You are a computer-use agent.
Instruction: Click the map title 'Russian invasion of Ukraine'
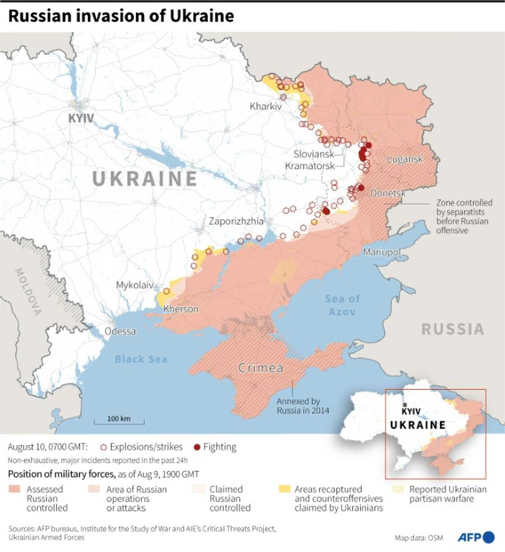[121, 16]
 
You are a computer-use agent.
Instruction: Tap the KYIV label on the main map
[81, 118]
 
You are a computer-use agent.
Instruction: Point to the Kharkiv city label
[266, 106]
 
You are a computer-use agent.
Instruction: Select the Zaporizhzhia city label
[236, 221]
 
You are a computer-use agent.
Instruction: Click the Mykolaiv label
[134, 285]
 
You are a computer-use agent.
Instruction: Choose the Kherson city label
[181, 309]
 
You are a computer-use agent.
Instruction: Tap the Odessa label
[120, 331]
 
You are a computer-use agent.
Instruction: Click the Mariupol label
[381, 252]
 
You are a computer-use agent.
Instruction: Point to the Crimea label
[261, 368]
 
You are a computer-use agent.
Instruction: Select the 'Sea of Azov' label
[342, 305]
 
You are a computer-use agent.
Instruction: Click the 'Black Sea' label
[141, 359]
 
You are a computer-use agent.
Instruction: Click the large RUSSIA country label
[453, 329]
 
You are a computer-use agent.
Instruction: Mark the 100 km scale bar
[119, 421]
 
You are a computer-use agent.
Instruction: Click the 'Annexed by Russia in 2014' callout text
[303, 406]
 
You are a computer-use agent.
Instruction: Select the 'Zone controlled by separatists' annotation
[464, 216]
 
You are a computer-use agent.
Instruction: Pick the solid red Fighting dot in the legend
[197, 447]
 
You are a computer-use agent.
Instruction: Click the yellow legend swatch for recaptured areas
[285, 489]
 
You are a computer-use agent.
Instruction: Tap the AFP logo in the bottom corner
[476, 537]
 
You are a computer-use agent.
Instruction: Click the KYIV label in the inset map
[411, 411]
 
